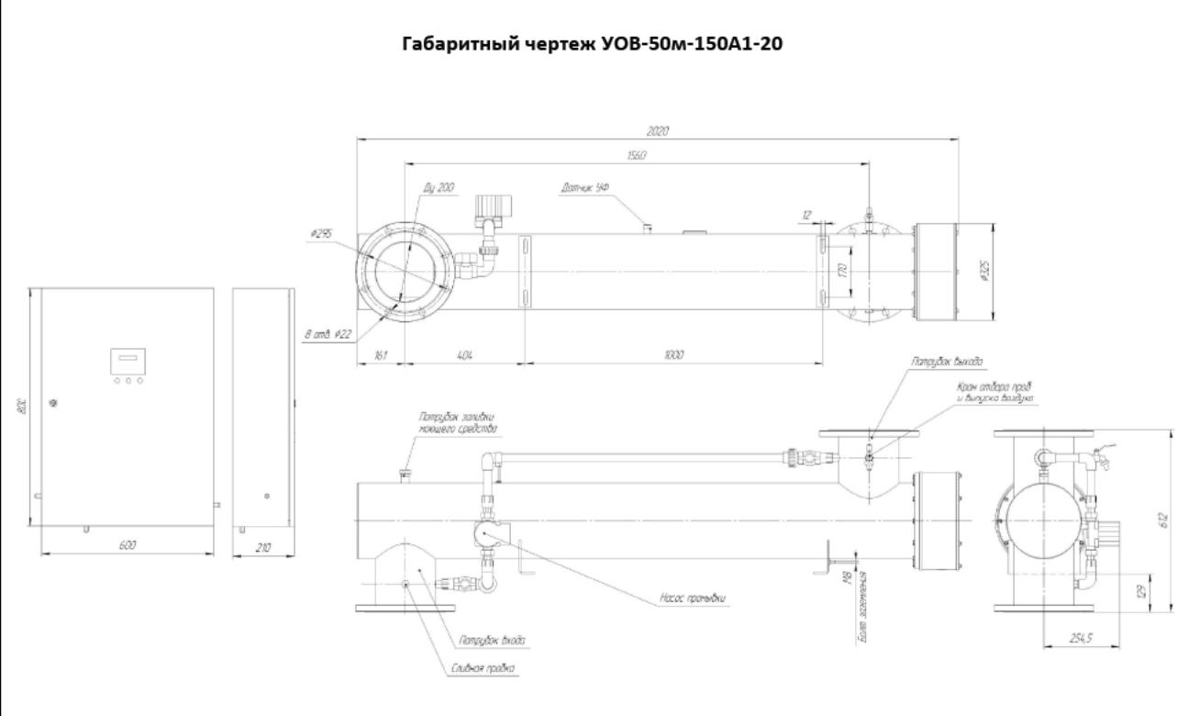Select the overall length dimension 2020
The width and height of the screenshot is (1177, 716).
(x=657, y=132)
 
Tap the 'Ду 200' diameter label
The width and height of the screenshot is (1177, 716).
(x=440, y=187)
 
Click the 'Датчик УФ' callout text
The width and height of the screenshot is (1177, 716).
(x=584, y=188)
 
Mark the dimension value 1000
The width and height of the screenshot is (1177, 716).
(x=675, y=354)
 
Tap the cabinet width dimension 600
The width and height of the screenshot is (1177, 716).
(x=128, y=545)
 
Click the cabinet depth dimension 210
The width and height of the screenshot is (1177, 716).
(x=262, y=545)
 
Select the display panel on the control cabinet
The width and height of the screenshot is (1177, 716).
(x=128, y=361)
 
